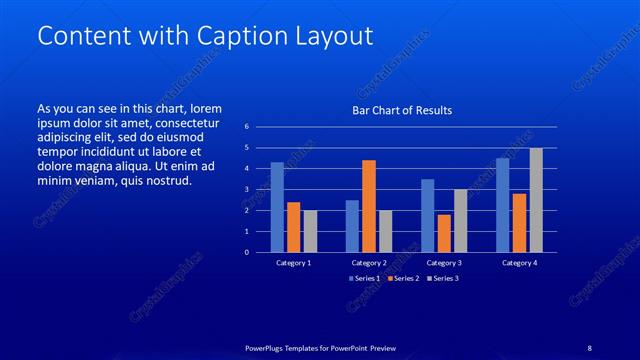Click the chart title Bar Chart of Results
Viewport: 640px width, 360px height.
401,110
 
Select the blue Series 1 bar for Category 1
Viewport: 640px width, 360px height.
277,207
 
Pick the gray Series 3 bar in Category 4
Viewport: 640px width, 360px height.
536,200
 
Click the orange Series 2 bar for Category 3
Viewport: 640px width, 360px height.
444,233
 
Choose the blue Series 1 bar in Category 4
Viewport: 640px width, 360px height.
503,205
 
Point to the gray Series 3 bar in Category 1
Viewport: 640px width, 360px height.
310,231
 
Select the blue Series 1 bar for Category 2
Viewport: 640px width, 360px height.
352,226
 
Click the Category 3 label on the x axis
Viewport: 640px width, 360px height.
443,263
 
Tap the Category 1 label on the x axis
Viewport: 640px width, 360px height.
293,263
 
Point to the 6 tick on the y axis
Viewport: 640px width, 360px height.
260,127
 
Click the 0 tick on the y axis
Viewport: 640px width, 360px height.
260,252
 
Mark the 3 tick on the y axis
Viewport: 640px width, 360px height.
260,190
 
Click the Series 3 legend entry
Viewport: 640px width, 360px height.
444,277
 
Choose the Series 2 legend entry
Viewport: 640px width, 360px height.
404,277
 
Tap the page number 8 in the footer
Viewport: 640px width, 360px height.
590,347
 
